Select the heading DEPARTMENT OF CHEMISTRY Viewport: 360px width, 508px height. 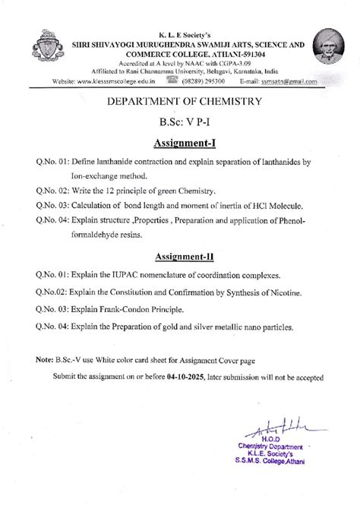point(180,100)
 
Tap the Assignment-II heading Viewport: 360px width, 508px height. point(179,256)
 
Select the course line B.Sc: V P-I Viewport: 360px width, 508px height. point(180,121)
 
